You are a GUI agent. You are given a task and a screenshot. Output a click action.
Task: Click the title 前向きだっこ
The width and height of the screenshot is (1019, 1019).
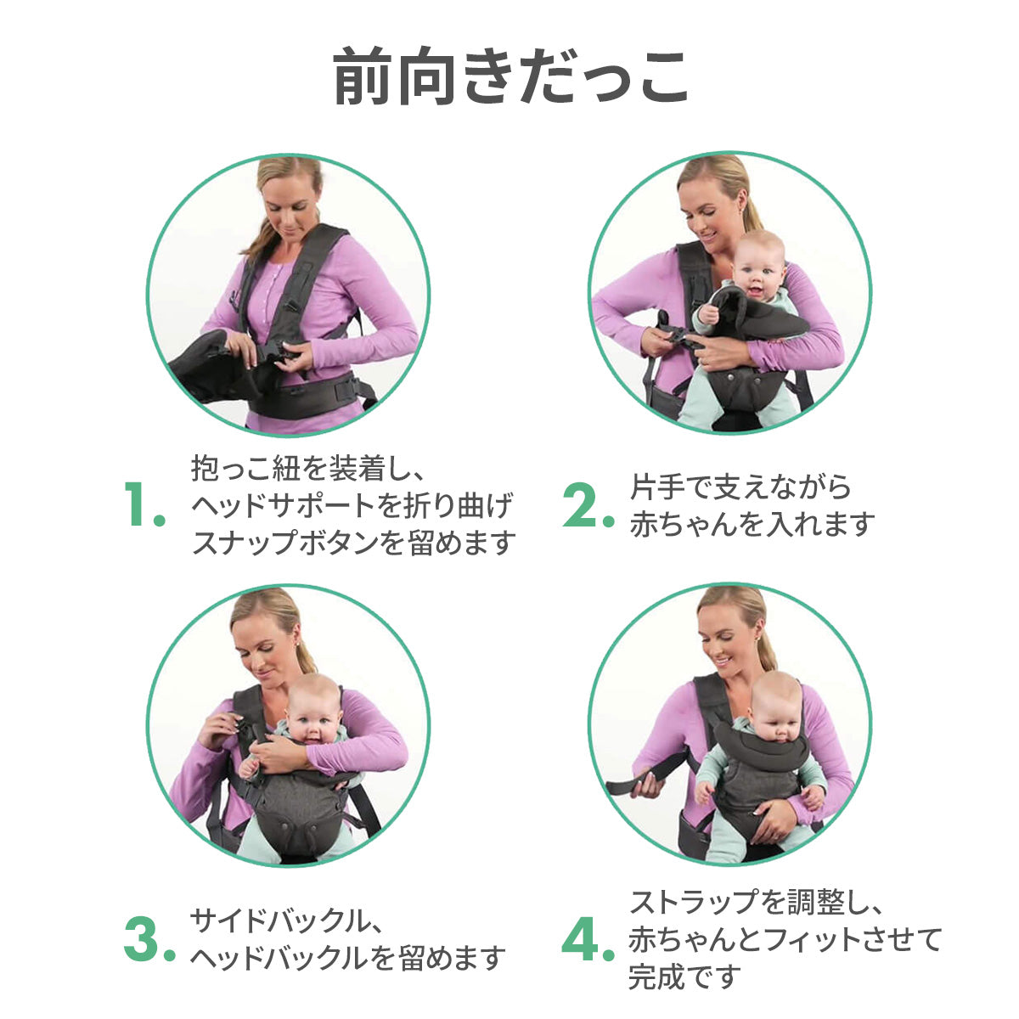tap(510, 76)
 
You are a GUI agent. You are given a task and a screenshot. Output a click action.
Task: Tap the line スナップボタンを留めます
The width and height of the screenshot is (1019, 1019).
tap(354, 543)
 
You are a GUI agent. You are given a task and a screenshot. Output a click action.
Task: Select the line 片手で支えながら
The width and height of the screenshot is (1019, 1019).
tap(740, 487)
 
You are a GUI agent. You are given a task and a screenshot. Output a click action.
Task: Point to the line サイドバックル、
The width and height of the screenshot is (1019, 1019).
tap(285, 921)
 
